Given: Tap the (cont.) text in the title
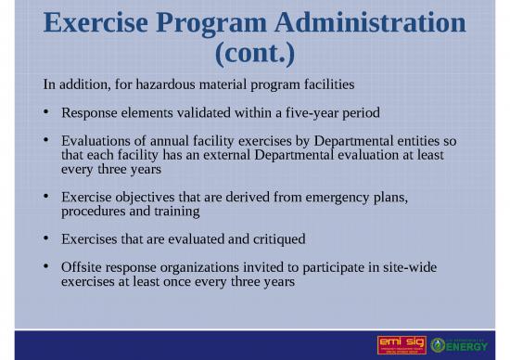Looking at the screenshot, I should tap(255, 54).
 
